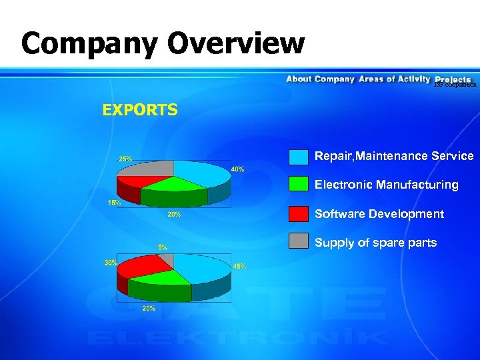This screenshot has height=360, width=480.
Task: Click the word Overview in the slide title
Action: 236,45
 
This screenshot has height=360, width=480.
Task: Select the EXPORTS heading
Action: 140,109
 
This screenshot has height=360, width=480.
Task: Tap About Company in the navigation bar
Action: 320,79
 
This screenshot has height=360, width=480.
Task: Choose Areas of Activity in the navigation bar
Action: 394,79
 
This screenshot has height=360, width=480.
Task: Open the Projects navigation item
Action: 453,79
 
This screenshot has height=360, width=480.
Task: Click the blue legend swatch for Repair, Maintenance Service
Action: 299,157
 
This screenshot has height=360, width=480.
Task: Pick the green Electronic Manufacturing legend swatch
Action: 299,185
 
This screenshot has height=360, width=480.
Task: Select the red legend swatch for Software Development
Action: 299,214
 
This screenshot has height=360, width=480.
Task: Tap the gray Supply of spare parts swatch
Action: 299,242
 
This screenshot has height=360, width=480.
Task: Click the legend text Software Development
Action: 379,214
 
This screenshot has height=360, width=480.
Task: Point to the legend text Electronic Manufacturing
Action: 386,185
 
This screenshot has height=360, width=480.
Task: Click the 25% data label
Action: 125,159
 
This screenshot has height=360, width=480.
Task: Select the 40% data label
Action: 237,169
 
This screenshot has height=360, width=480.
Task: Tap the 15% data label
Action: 114,203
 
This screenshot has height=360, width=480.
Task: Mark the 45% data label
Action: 239,266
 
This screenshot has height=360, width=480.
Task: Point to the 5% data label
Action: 163,247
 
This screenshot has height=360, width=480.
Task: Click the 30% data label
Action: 111,263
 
